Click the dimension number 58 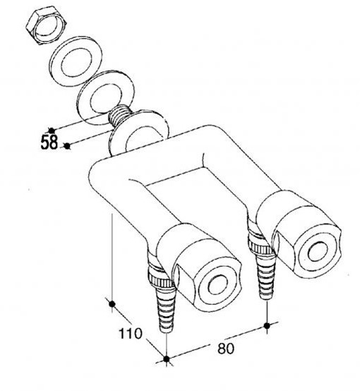pos(49,142)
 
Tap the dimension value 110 pos(130,333)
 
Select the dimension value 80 pos(226,349)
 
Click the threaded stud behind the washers pos(118,115)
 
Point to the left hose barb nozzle pos(166,309)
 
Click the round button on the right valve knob pos(318,251)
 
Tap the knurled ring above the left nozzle pos(161,279)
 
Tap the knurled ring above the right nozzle pos(260,246)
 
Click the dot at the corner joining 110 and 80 pos(167,359)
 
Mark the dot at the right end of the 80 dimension pos(267,325)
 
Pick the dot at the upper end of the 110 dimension pos(112,304)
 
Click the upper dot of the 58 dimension pos(52,131)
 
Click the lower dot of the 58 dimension pos(66,146)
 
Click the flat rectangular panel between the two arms pos(197,197)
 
